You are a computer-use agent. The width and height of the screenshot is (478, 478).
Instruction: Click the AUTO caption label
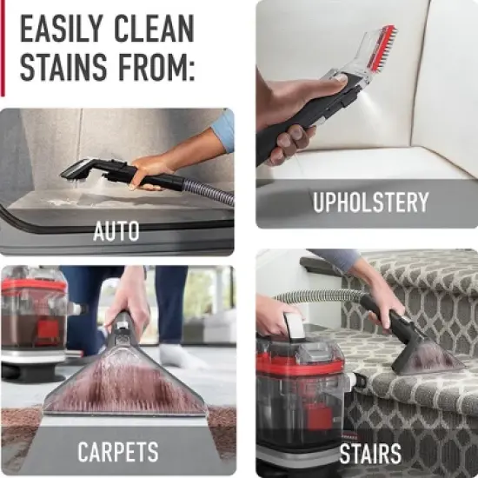tap(116, 232)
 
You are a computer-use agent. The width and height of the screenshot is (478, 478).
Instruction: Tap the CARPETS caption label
tap(118, 452)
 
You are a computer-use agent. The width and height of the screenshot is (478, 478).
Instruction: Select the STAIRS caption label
tap(370, 453)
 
